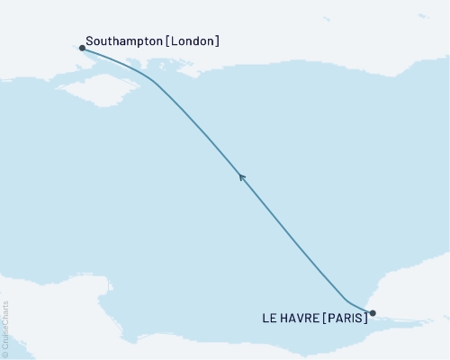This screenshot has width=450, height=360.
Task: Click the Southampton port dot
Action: tap(83, 49)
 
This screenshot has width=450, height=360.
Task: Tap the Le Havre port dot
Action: tap(373, 314)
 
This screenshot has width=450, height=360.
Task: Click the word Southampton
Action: tap(124, 41)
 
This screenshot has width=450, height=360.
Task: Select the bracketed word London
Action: tap(193, 41)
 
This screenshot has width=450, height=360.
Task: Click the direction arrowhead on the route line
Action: tap(241, 176)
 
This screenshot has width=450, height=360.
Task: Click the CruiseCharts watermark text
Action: tap(5, 323)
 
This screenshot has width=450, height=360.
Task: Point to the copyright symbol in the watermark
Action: tap(5, 354)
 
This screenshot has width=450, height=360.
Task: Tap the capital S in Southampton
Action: tap(89, 41)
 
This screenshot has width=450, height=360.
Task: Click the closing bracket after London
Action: tap(217, 41)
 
